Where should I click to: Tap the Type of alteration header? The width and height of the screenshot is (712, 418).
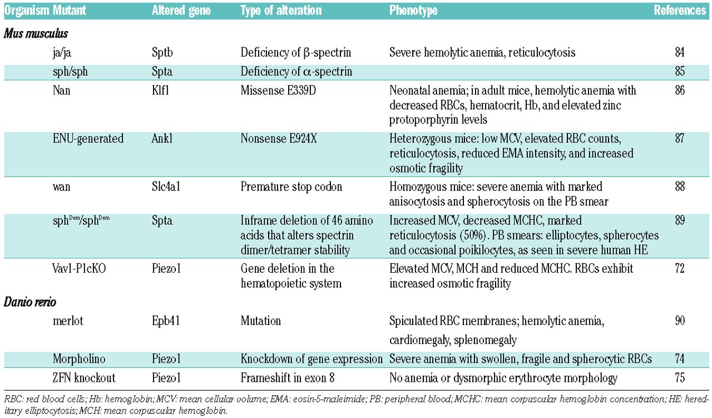[281, 11]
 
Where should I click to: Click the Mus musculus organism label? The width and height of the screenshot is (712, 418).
[36, 34]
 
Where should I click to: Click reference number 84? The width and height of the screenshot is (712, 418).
[679, 53]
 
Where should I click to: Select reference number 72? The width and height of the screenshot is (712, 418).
[679, 269]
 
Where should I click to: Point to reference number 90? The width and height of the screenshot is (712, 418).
[679, 321]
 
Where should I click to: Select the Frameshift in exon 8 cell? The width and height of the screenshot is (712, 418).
[291, 378]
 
